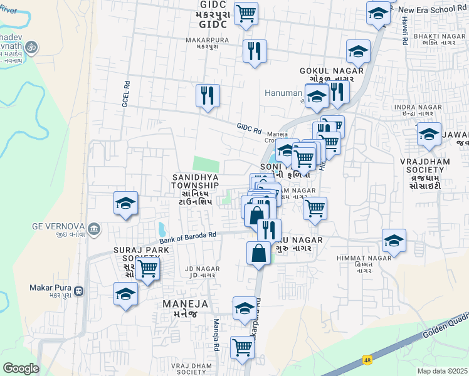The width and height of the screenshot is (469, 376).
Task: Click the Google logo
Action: coord(21,368)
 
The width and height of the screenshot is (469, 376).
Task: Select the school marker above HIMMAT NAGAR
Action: coord(394,240)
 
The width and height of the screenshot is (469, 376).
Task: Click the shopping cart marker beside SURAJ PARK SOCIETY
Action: coord(147,269)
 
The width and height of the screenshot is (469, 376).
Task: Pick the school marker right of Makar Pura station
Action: coord(126,293)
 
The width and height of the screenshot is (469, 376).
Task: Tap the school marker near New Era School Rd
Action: coord(379,13)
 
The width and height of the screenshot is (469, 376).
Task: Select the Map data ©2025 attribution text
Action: coord(443,371)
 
